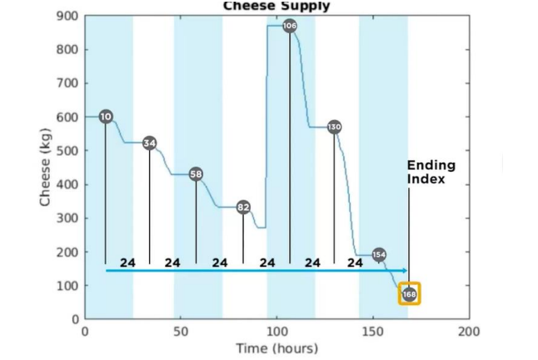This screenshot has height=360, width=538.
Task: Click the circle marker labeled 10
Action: [106, 117]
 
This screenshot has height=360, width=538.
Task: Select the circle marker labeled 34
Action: [150, 143]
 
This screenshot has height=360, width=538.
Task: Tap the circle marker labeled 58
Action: [196, 174]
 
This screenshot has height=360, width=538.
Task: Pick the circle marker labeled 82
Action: [243, 207]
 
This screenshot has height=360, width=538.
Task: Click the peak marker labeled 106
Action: [290, 26]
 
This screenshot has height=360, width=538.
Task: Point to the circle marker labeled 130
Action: [334, 127]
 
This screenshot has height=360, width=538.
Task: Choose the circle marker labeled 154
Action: [379, 254]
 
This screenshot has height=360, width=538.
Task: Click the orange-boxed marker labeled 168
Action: [409, 294]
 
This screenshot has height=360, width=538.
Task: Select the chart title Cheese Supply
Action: [276, 6]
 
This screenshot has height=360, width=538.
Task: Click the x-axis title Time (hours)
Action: [276, 347]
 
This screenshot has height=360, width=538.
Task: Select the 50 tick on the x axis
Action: [181, 331]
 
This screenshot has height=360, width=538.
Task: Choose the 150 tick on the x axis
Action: [373, 331]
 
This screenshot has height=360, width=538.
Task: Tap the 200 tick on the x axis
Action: [469, 331]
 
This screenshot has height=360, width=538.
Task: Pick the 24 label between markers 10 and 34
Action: [127, 262]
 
